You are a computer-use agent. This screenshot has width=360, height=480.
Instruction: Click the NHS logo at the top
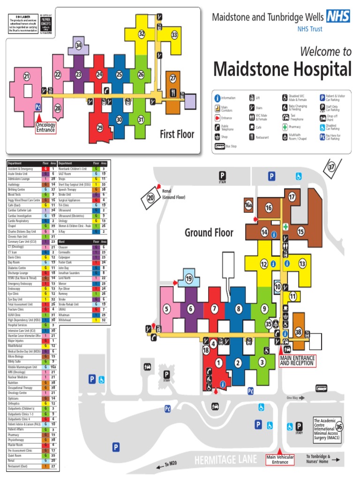coord(338,17)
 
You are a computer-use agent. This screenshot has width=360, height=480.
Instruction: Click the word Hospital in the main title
coord(315,70)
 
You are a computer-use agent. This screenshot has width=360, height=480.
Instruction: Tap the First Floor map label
coord(177,135)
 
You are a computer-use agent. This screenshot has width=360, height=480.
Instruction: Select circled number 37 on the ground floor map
coord(332,166)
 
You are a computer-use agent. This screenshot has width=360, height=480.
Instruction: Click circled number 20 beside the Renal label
coord(151,198)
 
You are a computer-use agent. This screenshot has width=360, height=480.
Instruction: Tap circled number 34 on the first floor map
coord(79,45)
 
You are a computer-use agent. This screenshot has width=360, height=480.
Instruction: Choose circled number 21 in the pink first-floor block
coord(26,76)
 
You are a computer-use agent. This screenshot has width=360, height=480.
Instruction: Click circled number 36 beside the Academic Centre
coord(339,427)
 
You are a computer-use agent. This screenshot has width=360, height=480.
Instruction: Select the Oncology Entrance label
coord(45,127)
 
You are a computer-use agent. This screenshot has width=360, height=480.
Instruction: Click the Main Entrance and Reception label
coord(297,360)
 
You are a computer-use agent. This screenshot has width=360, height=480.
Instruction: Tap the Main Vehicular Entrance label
coord(280,459)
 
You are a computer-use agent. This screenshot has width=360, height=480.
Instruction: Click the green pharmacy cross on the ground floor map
coord(285,226)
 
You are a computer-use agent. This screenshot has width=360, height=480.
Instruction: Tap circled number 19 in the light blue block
coord(189,279)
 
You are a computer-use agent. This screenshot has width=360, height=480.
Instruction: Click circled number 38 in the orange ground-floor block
coord(299,332)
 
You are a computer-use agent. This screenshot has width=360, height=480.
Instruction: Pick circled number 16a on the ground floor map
coord(248,205)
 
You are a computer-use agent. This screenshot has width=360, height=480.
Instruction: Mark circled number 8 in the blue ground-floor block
coord(239,308)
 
